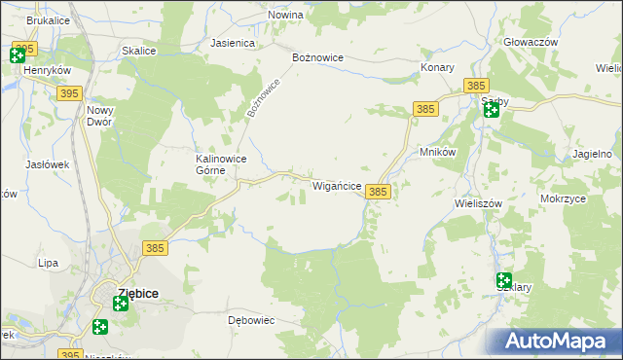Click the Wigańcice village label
click(337, 185)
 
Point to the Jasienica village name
click(233, 44)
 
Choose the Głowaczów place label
click(531, 43)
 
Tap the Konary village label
click(438, 67)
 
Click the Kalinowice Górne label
click(220, 163)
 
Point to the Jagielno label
click(593, 155)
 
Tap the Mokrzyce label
click(563, 198)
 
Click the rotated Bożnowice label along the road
click(263, 98)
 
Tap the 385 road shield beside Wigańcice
click(378, 193)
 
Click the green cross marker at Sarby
click(492, 110)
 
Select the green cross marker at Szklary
click(503, 280)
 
